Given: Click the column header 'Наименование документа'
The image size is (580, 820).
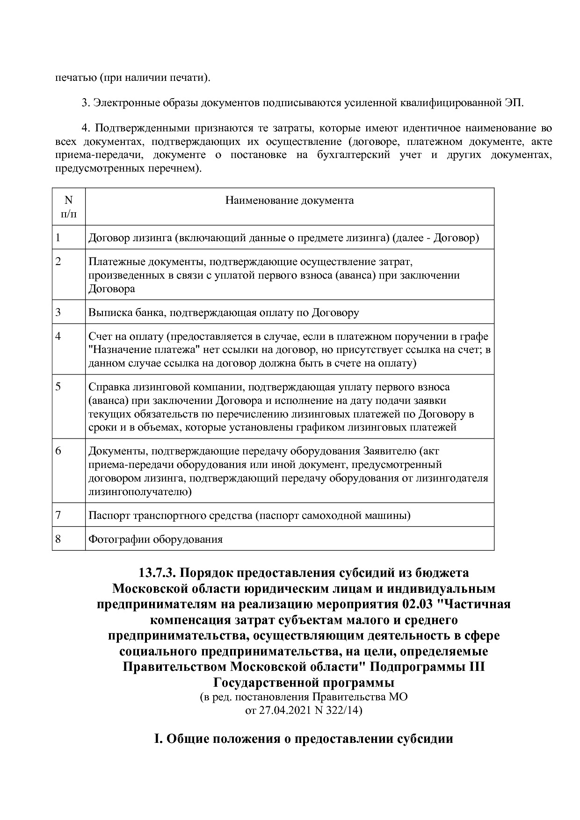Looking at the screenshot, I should (x=290, y=201).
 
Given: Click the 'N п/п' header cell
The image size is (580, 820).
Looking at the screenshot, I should (x=69, y=207).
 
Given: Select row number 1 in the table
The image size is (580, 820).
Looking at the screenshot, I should (x=58, y=237).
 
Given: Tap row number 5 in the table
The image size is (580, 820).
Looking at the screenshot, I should (x=58, y=387).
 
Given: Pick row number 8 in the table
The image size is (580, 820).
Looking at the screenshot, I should (x=58, y=539).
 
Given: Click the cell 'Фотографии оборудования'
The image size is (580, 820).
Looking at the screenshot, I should (x=155, y=539).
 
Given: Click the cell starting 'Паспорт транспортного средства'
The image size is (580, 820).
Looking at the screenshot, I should (x=249, y=516).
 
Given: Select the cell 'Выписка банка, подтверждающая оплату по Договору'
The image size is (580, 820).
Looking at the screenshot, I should (x=224, y=312).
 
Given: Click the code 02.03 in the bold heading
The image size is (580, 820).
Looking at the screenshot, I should (x=418, y=604).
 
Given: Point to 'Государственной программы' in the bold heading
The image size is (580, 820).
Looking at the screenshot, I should (x=304, y=682).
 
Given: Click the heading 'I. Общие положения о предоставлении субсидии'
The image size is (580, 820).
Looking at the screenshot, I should (x=304, y=739).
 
